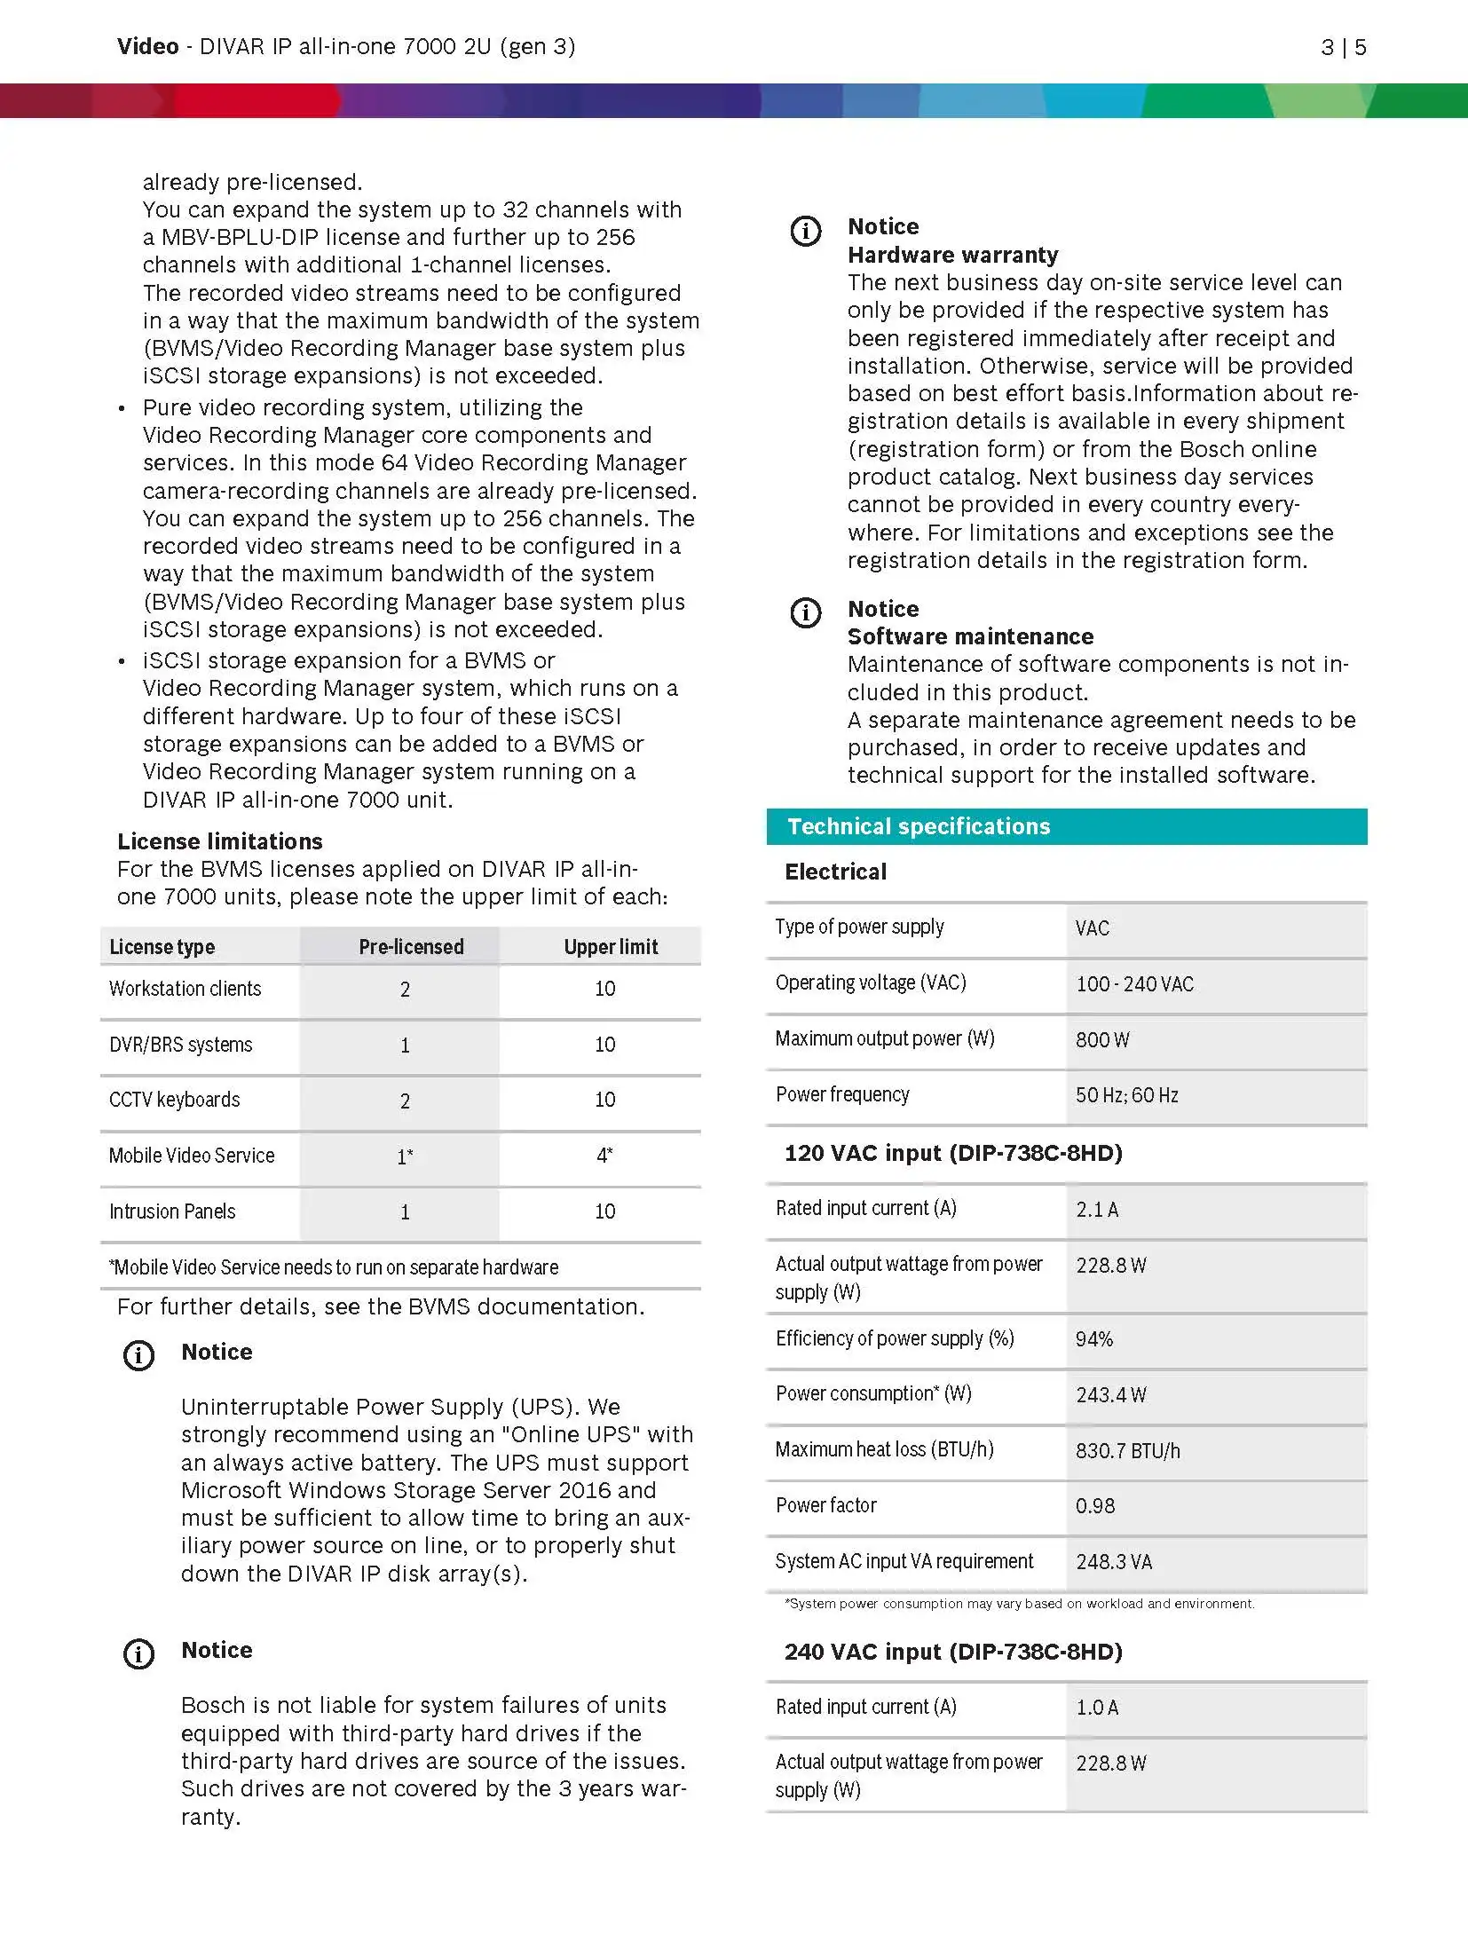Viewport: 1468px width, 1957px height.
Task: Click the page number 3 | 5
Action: click(x=1343, y=47)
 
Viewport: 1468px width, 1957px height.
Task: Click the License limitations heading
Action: click(x=220, y=841)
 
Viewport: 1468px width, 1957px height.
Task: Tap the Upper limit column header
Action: click(x=611, y=947)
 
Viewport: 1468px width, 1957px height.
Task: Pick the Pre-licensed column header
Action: click(x=411, y=947)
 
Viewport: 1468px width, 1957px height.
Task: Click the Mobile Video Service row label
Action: click(x=192, y=1156)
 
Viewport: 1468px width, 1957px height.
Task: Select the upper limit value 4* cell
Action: click(x=604, y=1156)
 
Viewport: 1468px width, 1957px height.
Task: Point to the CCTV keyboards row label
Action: click(x=175, y=1100)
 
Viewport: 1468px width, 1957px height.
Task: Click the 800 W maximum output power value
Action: click(x=1102, y=1039)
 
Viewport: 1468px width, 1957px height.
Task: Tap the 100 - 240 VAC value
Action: click(x=1134, y=984)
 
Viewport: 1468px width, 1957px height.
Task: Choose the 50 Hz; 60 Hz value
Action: click(x=1127, y=1095)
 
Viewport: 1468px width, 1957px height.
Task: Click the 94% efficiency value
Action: click(x=1094, y=1339)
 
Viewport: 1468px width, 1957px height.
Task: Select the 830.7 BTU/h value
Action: click(x=1128, y=1451)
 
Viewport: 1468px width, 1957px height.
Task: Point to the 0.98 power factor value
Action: click(x=1095, y=1506)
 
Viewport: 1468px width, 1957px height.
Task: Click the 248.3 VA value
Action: click(x=1114, y=1562)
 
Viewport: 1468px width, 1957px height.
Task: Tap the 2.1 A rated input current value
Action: click(x=1097, y=1210)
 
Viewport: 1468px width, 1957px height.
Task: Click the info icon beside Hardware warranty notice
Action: click(x=806, y=232)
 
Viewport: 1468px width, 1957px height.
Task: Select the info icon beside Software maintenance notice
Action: click(x=806, y=612)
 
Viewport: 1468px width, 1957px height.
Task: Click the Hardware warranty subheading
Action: click(x=952, y=255)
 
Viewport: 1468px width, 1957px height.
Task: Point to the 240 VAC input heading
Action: click(x=953, y=1652)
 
